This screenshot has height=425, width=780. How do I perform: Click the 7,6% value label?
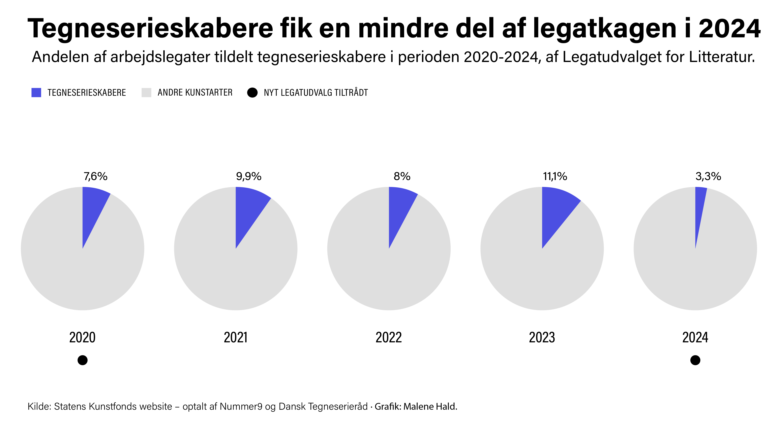pos(95,176)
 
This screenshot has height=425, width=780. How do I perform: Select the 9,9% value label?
pos(249,176)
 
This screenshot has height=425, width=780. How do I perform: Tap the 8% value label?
pos(402,176)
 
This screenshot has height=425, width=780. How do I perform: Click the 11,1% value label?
pos(555,176)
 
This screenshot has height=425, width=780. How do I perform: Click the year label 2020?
pos(82,337)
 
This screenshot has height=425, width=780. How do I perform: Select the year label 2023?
pos(542,337)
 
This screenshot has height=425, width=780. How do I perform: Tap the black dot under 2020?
pos(83,360)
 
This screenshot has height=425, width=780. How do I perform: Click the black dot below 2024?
pos(695,360)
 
